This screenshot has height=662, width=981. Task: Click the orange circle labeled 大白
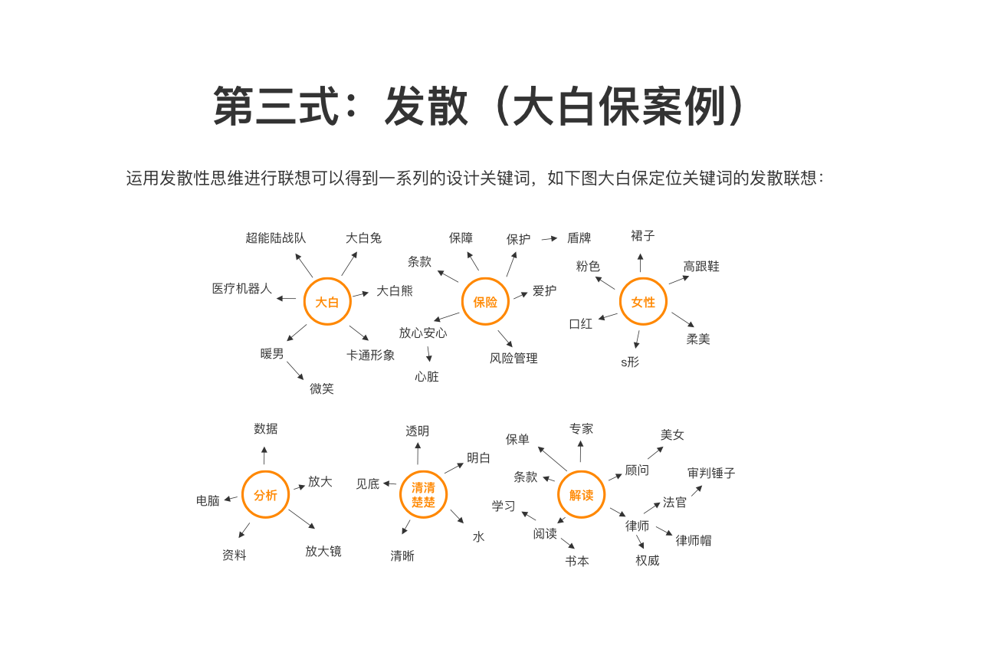[327, 302]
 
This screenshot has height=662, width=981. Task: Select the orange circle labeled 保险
[485, 302]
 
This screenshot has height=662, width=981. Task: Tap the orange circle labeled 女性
[643, 302]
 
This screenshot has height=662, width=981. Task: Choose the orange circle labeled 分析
[265, 495]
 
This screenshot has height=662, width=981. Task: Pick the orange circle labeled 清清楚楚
[423, 495]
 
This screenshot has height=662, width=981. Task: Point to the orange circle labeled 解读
[581, 495]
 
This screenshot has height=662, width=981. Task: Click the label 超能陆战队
[275, 238]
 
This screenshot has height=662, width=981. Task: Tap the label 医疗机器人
[242, 289]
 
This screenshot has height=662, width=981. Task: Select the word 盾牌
[579, 238]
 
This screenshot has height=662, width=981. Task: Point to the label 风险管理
[513, 359]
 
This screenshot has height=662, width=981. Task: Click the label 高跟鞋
[701, 267]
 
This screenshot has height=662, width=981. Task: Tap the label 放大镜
[323, 552]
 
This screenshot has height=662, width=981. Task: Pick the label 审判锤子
[711, 474]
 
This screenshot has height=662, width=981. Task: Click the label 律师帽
[694, 541]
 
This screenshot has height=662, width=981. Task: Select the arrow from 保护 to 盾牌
[550, 239]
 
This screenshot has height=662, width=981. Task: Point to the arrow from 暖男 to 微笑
[296, 371]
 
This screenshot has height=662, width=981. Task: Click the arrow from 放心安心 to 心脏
[429, 354]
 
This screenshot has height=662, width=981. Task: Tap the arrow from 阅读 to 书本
[568, 543]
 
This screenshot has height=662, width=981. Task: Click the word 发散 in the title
[426, 107]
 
